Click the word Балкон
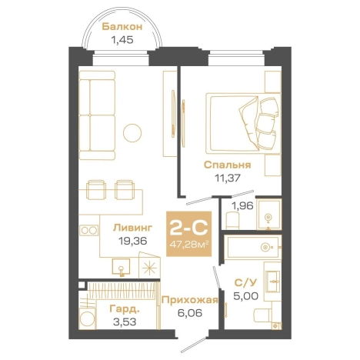pyautogui.click(x=122, y=27)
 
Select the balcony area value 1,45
pyautogui.click(x=122, y=40)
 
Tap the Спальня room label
pyautogui.click(x=228, y=165)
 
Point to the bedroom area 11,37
pyautogui.click(x=228, y=178)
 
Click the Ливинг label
pyautogui.click(x=133, y=228)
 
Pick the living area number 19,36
pyautogui.click(x=132, y=241)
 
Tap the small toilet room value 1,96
pyautogui.click(x=242, y=205)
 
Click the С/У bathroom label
pyautogui.click(x=245, y=283)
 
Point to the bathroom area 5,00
pyautogui.click(x=245, y=296)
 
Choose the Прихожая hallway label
pyautogui.click(x=190, y=300)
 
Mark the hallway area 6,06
pyautogui.click(x=190, y=313)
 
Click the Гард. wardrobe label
pyautogui.click(x=125, y=309)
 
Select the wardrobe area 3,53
pyautogui.click(x=125, y=322)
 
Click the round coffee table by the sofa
pyautogui.click(x=132, y=133)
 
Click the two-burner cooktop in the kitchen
pyautogui.click(x=88, y=230)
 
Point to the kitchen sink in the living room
pyautogui.click(x=121, y=267)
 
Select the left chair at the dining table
pyautogui.click(x=96, y=189)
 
